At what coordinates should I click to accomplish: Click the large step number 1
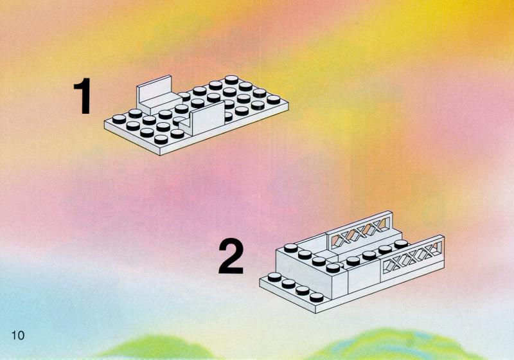[83, 95]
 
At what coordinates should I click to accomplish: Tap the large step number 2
[231, 256]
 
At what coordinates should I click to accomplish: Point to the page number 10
[18, 336]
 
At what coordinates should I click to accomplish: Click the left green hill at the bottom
[157, 348]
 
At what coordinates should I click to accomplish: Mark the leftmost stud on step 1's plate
[119, 119]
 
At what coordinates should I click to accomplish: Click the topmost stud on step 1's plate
[231, 80]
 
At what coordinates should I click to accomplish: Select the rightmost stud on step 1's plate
[274, 100]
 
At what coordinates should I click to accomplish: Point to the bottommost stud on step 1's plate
[161, 139]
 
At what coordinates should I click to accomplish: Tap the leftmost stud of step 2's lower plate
[275, 277]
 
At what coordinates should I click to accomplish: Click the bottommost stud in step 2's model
[317, 297]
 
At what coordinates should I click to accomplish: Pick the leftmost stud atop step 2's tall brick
[291, 248]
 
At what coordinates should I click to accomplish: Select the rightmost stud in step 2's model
[400, 244]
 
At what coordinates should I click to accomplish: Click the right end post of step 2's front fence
[441, 252]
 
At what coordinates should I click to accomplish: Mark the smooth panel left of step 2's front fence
[364, 277]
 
